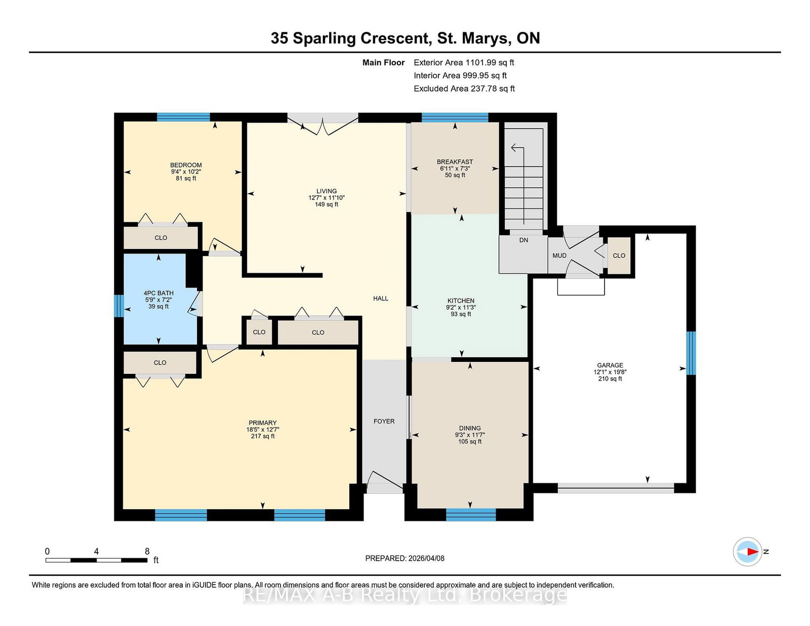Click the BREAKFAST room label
point(455,162)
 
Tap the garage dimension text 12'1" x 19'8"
point(610,372)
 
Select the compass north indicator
point(747,552)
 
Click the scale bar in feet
point(97,560)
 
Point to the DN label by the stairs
point(524,240)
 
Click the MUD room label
point(559,256)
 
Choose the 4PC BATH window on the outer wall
point(119,306)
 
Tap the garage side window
point(691,353)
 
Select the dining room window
point(471,514)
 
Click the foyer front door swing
point(384,481)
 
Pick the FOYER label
point(384,421)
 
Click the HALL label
point(381,299)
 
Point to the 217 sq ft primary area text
point(263,436)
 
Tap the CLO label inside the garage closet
point(619,256)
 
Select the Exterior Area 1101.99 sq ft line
point(464,63)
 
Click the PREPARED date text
point(405,558)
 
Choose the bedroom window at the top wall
point(183,117)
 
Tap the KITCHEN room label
point(461,301)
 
